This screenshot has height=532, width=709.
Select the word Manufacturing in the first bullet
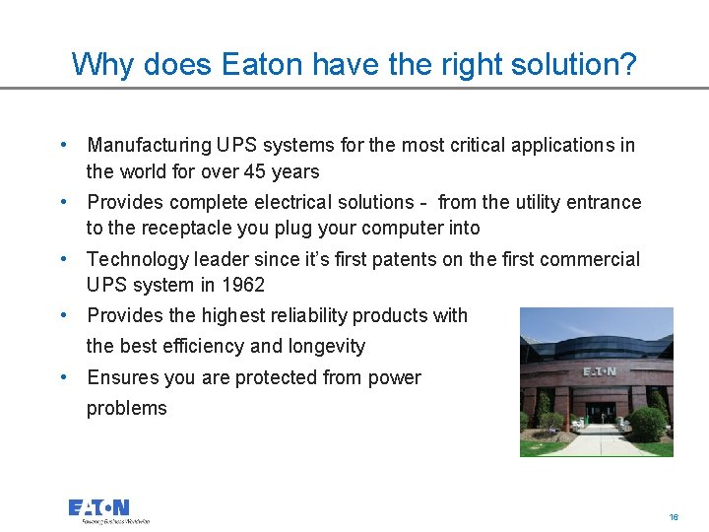pos(149,146)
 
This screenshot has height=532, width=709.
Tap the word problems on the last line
pos(127,408)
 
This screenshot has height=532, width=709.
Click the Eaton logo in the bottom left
pos(99,508)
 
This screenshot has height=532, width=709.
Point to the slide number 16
pos(674,516)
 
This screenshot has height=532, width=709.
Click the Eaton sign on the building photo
pos(600,371)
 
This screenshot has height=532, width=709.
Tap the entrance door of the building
pos(599,413)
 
